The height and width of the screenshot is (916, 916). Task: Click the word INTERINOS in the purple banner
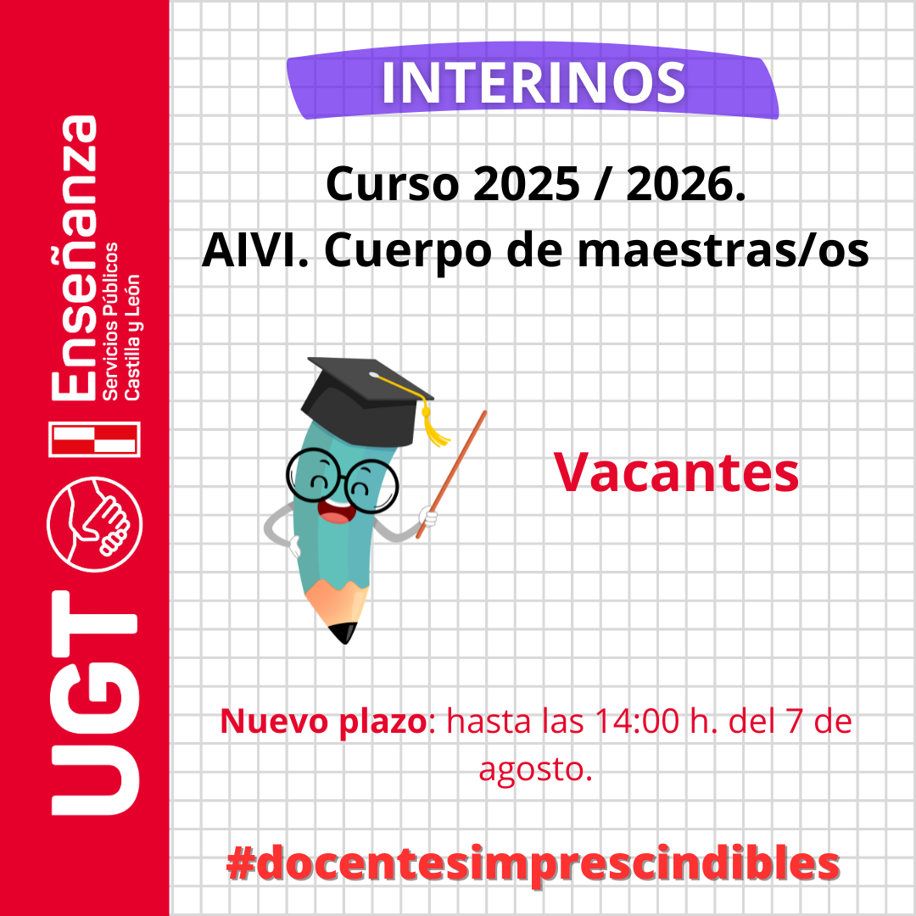point(533,83)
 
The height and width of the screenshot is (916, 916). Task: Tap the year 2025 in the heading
point(526,184)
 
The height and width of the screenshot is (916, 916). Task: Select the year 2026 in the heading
point(679,184)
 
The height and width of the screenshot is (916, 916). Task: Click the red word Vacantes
point(676,472)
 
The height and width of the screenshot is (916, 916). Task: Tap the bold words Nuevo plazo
point(324,722)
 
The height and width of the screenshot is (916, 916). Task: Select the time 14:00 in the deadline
point(637,721)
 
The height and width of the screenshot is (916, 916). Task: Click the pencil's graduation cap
point(367,397)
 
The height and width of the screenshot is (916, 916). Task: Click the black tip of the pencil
point(343,633)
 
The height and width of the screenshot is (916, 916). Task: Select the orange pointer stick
point(451,474)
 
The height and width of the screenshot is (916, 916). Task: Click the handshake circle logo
point(95,524)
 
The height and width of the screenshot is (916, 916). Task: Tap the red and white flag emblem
point(95,438)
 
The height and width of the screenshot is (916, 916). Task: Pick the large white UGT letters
point(95,703)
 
